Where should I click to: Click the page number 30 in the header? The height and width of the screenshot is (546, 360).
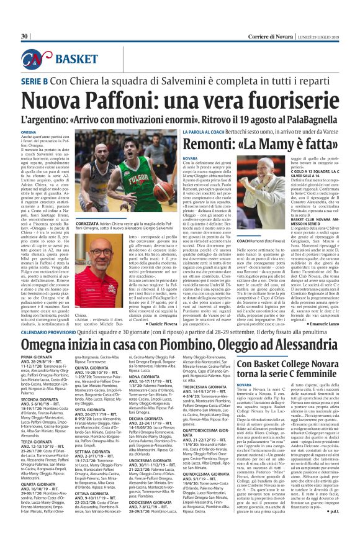tap(25, 36)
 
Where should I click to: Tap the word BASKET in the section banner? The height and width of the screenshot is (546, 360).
tap(73, 58)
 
